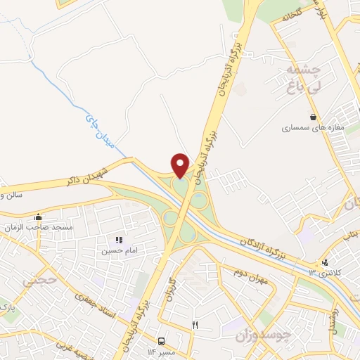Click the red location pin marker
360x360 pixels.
click(180, 165)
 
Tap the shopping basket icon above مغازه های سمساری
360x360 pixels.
click(313, 117)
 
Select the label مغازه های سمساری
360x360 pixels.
click(311, 129)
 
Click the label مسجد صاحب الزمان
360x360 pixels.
click(39, 227)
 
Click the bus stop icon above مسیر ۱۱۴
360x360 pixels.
click(161, 341)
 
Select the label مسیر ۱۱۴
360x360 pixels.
click(161, 352)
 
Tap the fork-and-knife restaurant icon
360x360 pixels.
click(195, 325)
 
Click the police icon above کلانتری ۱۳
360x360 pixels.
click(324, 263)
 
